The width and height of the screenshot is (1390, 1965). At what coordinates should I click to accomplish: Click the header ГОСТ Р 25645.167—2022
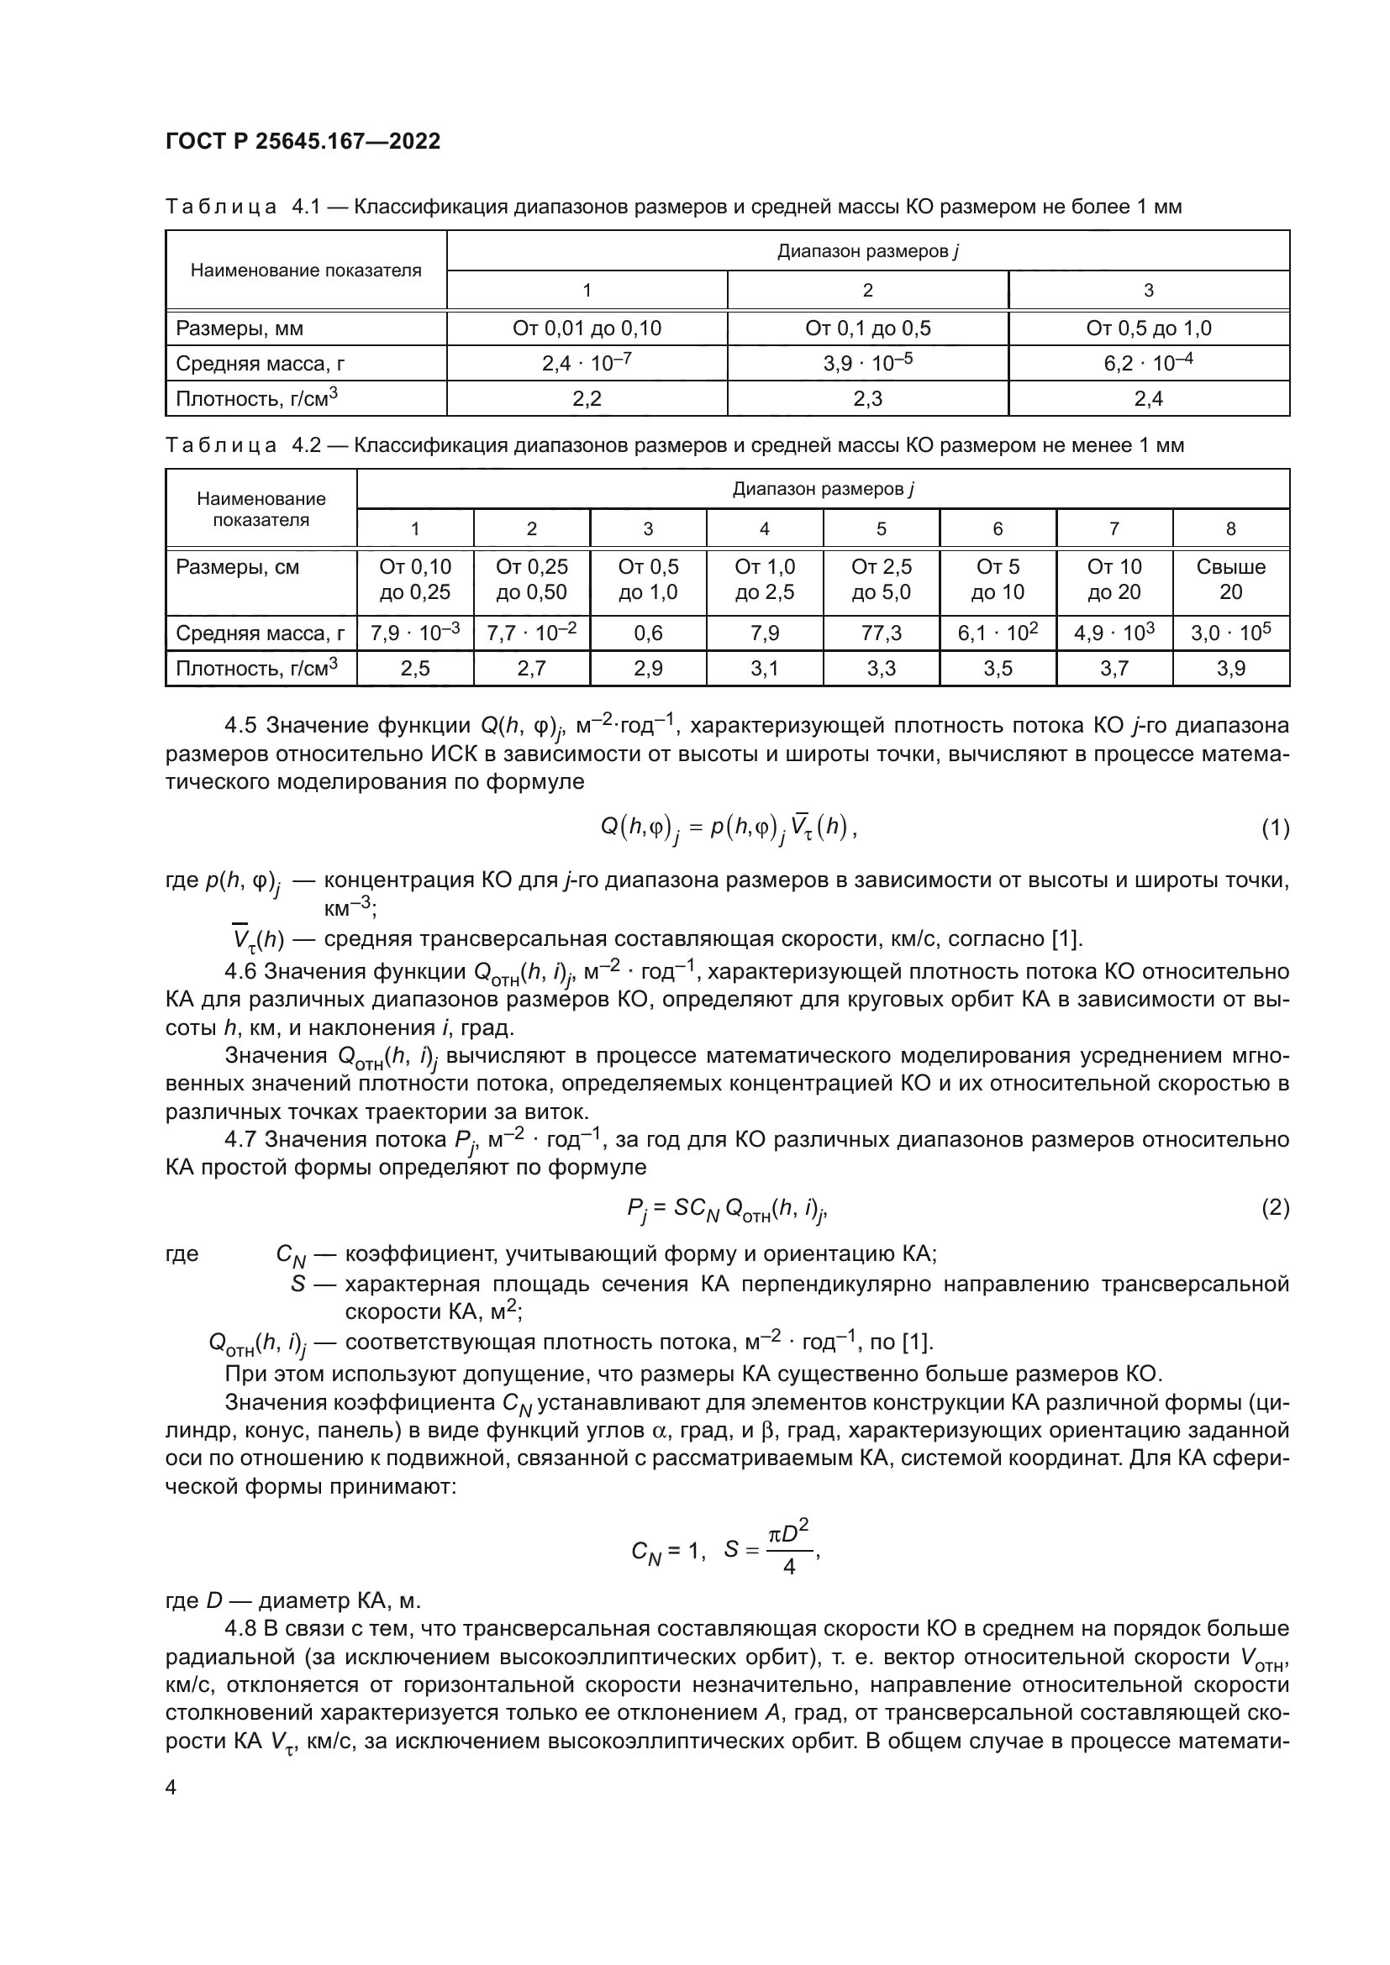303,141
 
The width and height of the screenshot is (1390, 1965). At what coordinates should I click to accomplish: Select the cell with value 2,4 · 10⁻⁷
587,363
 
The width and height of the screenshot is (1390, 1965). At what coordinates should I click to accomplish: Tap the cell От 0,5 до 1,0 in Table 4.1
1148,328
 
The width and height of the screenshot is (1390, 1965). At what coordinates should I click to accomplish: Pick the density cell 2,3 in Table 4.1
867,399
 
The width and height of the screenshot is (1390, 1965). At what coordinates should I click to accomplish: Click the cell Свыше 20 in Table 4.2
1230,580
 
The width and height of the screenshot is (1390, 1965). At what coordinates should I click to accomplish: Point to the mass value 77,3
881,633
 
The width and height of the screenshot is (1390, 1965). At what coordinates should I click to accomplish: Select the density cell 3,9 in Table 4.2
1230,669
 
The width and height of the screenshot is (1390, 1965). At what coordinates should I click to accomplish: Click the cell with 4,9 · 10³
1114,633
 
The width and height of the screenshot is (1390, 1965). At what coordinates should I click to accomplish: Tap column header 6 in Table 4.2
998,529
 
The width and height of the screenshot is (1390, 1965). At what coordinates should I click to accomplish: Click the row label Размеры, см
237,567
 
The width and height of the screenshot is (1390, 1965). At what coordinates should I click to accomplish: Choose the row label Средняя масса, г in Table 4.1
261,364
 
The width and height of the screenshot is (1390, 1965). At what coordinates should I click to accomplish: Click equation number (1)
1275,828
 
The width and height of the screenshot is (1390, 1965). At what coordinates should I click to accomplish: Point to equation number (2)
1275,1207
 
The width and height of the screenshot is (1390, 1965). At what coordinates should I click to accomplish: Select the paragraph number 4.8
242,1629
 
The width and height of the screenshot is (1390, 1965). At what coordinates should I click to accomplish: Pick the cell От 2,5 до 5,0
881,580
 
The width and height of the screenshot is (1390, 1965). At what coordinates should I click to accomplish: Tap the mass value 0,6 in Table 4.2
648,633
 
